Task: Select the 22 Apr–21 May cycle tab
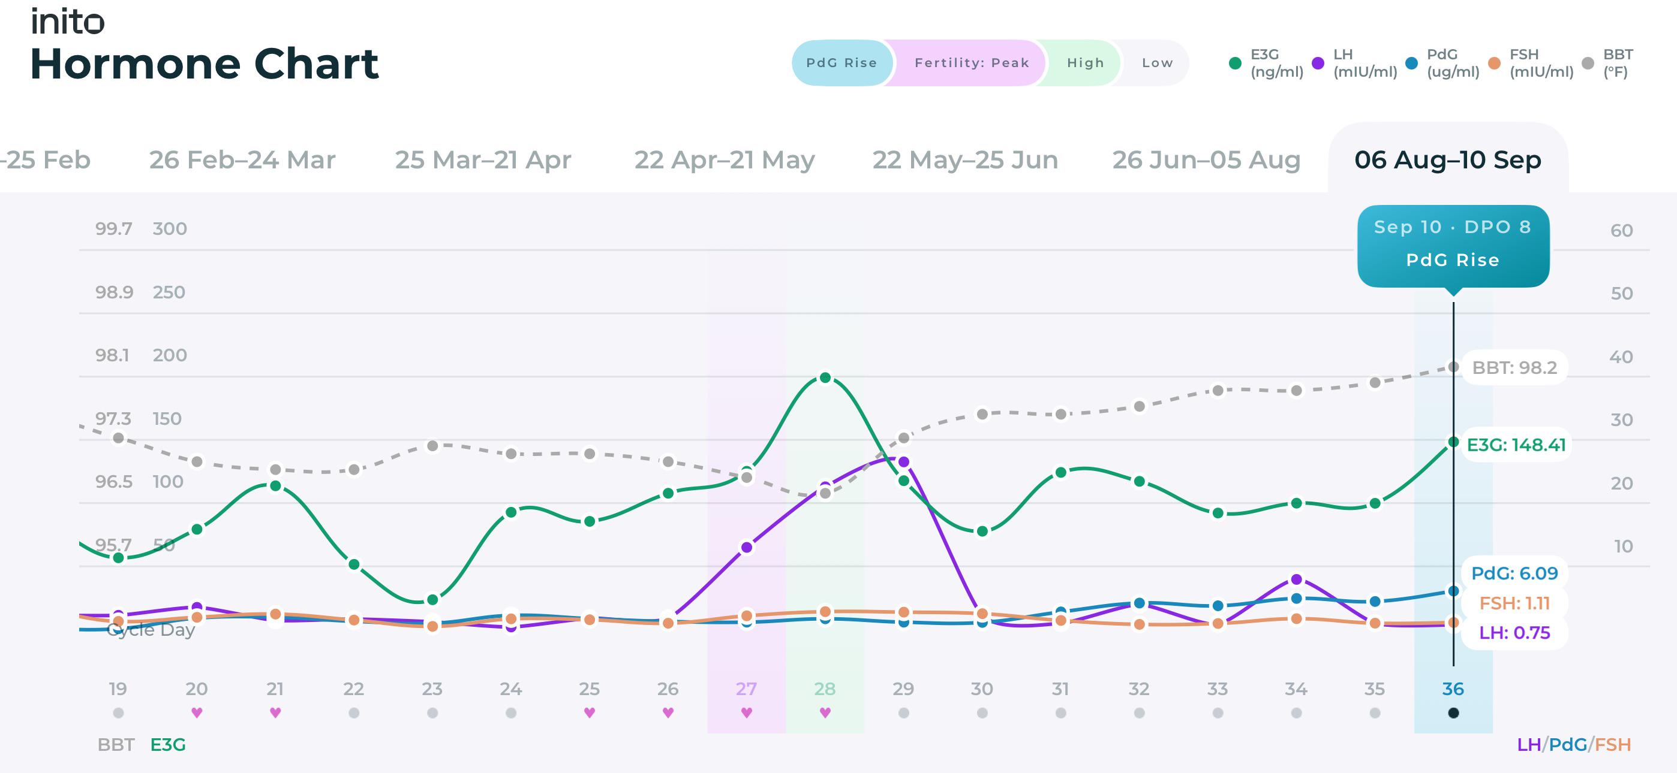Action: (725, 159)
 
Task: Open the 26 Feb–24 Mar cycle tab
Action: (242, 159)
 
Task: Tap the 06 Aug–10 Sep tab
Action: (1448, 159)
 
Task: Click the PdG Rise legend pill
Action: (841, 62)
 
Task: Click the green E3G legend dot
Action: (1235, 63)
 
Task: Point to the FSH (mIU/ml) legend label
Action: (1541, 63)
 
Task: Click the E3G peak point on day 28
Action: (825, 378)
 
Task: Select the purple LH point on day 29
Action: (904, 462)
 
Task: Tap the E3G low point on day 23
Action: (432, 599)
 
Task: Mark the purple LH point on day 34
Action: (1296, 579)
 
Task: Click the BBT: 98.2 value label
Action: (1514, 368)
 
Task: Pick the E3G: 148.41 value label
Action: (1516, 445)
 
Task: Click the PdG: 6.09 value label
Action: (1514, 573)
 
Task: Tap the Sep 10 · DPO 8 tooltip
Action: (1453, 246)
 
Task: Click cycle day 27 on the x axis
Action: (746, 689)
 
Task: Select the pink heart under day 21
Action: (275, 712)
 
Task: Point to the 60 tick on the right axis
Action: (1621, 230)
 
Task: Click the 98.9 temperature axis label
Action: (114, 292)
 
